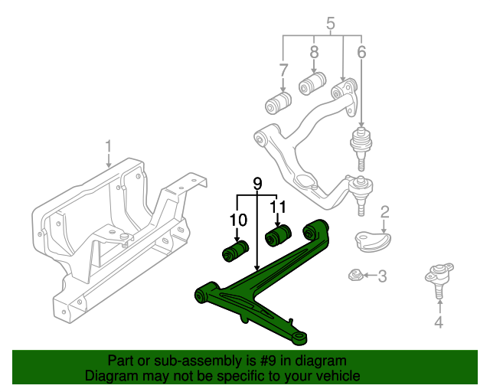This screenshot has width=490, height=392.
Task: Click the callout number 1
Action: coord(109,145)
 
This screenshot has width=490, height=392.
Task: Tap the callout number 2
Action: coord(385,211)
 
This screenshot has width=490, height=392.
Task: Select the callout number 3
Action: coord(383,276)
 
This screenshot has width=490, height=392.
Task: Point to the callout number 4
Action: coord(439,322)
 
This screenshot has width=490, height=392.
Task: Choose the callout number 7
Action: coord(284,71)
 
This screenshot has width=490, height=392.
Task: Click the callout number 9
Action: coord(257,184)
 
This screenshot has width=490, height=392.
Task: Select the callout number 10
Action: coord(239,220)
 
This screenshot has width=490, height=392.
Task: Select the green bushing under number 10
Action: coord(236,250)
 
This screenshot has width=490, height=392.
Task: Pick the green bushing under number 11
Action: coord(279,231)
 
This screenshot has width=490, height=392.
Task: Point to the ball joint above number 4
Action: coord(438,278)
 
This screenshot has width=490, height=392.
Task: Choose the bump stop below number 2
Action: coord(372,240)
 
